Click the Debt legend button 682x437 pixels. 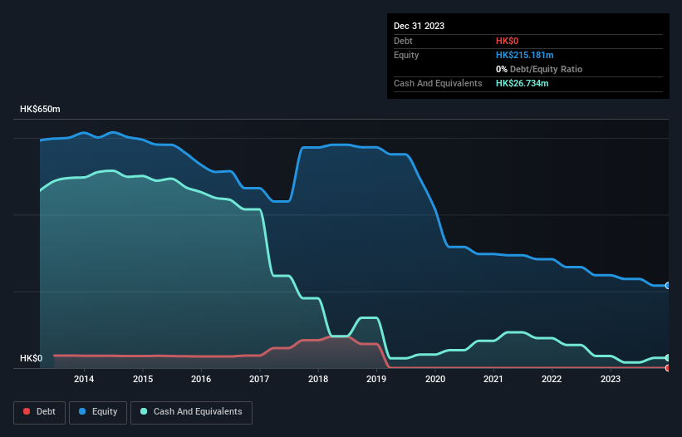pos(38,411)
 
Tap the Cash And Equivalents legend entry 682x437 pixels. pos(191,411)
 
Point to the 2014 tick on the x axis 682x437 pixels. pos(84,380)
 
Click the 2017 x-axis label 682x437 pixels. pos(259,380)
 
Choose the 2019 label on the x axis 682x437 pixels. pos(376,380)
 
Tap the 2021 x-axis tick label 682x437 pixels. pos(493,380)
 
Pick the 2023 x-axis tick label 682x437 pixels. pos(611,380)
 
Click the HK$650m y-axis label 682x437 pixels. pos(40,110)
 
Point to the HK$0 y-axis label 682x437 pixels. pos(31,359)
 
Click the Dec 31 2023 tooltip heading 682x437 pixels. pos(419,26)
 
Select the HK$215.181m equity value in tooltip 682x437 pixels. pos(524,55)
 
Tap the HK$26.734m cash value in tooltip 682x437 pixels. pos(522,83)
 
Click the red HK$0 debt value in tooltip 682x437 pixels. pos(507,41)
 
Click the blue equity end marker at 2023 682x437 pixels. pos(668,285)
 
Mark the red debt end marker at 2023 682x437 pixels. pos(668,367)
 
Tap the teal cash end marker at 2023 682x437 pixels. pos(668,357)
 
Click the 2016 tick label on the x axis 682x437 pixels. pos(201,380)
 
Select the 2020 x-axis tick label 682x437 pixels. pos(435,380)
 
